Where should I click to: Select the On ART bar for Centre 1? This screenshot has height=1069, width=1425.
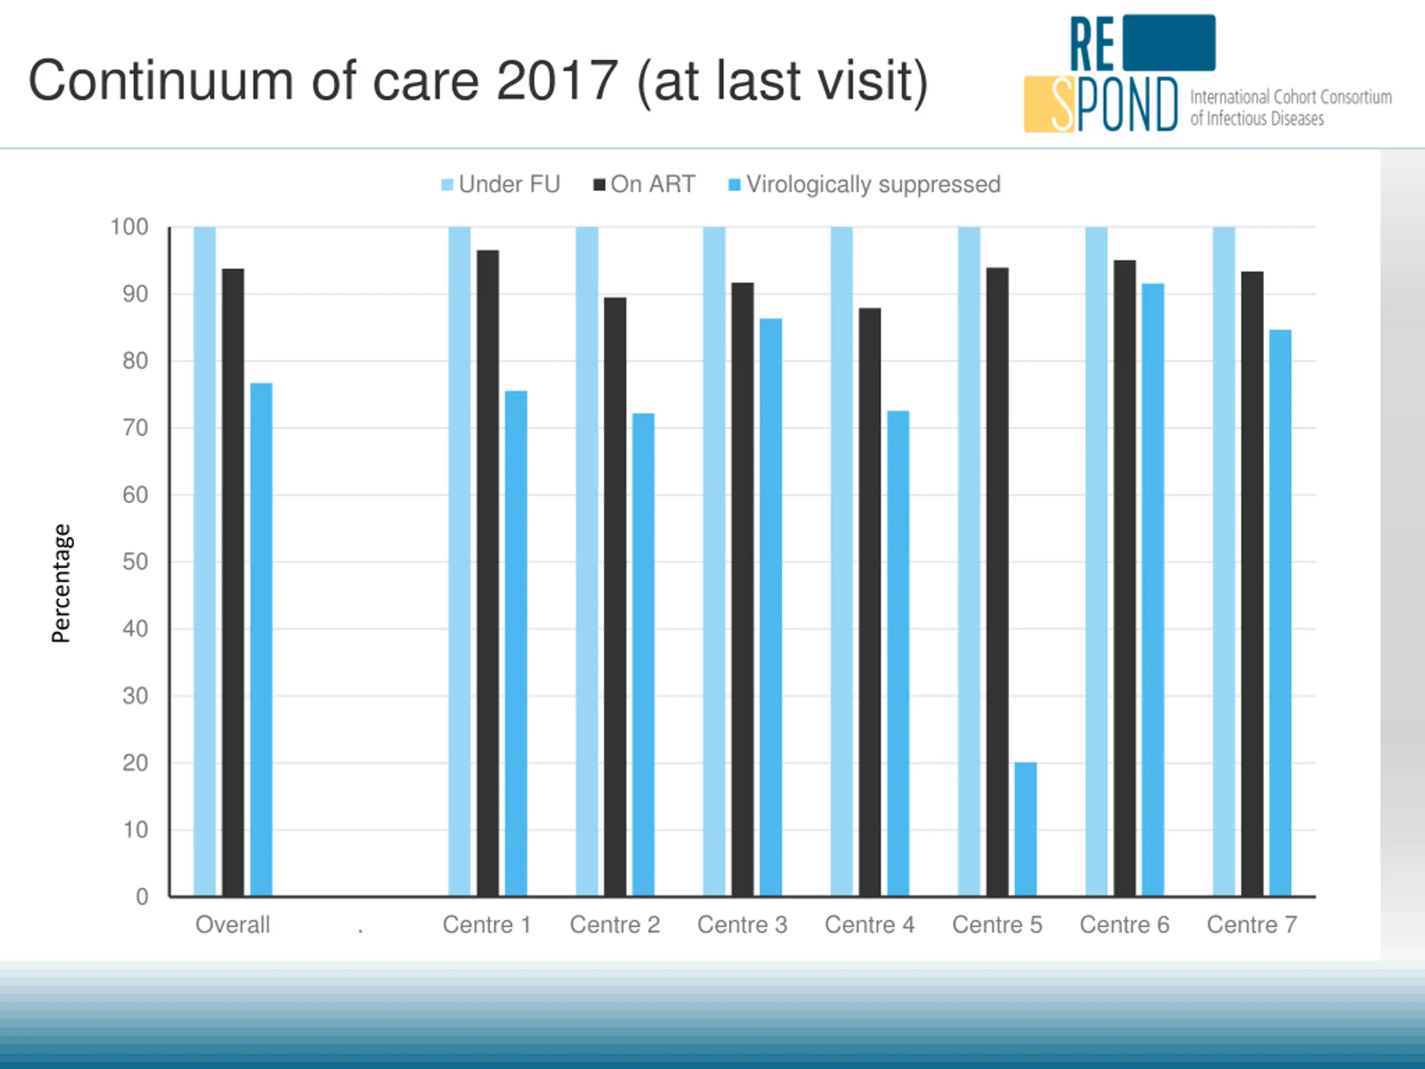[488, 573]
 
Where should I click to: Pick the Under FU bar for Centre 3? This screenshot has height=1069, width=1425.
[714, 561]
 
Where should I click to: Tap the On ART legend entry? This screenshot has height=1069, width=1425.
[644, 185]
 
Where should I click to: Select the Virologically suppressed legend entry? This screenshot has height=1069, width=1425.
[864, 185]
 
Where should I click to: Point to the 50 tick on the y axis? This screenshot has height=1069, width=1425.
[135, 562]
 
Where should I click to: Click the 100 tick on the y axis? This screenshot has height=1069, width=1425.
[129, 227]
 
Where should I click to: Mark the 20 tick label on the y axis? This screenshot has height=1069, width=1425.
[135, 763]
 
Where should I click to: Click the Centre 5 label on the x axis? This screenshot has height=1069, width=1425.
[996, 925]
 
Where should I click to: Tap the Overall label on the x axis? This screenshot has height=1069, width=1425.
[233, 925]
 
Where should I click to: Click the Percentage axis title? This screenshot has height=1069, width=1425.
[61, 583]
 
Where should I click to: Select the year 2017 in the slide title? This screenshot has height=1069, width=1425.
[557, 81]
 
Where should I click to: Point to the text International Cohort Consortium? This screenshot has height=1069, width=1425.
[1290, 97]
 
